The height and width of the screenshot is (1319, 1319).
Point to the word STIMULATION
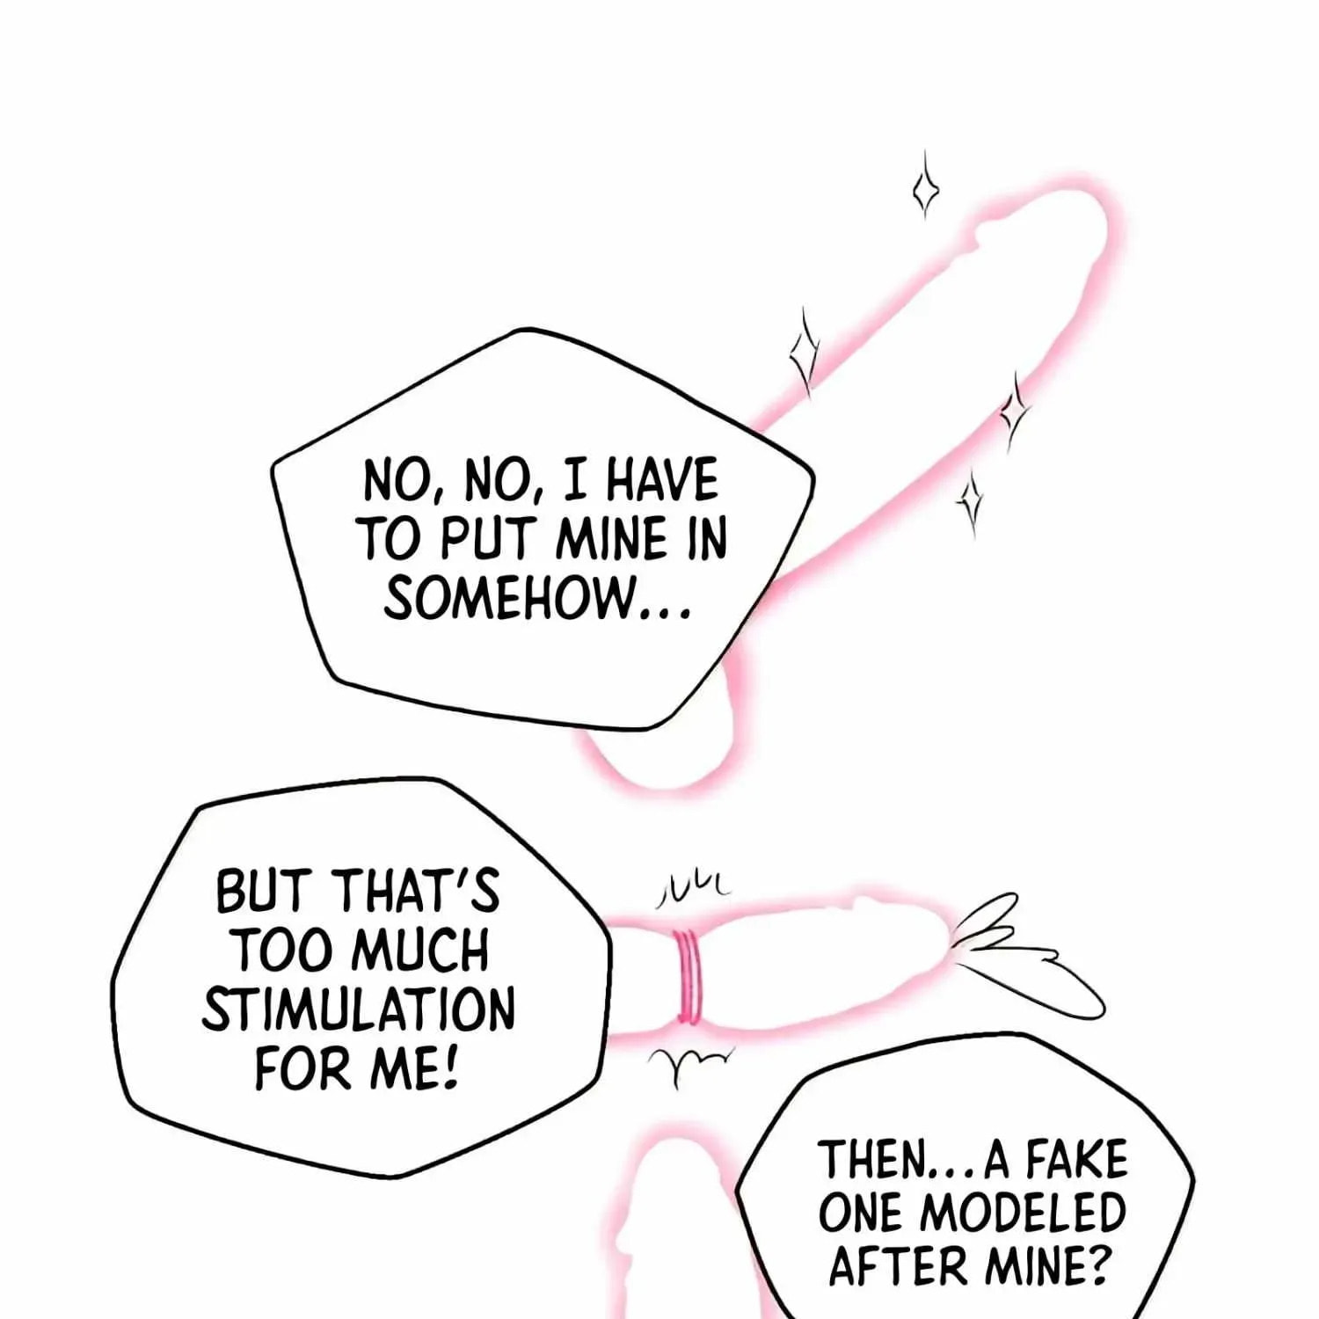coord(358,1011)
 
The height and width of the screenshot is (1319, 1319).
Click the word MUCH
coord(423,951)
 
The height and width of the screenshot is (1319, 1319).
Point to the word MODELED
coord(1023,1213)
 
